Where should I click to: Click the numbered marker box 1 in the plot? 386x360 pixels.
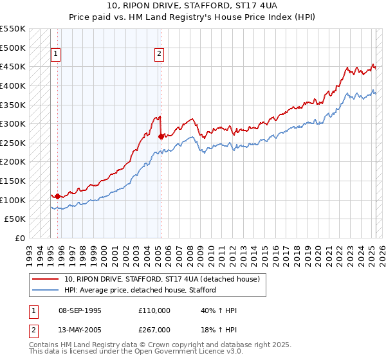click(x=57, y=55)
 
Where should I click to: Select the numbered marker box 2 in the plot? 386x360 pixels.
click(x=159, y=55)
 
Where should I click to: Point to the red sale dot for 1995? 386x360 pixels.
click(x=58, y=196)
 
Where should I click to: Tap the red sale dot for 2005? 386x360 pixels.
click(x=161, y=136)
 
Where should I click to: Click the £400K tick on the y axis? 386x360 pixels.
click(x=14, y=85)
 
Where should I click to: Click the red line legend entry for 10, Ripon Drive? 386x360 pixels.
click(x=161, y=279)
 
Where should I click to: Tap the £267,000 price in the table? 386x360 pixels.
click(x=154, y=330)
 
